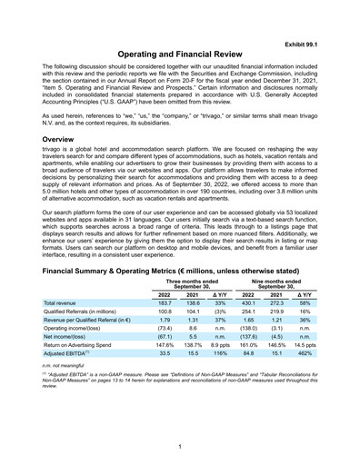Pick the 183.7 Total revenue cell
(x=165, y=302)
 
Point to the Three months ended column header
(x=192, y=283)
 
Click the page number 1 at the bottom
(x=180, y=446)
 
